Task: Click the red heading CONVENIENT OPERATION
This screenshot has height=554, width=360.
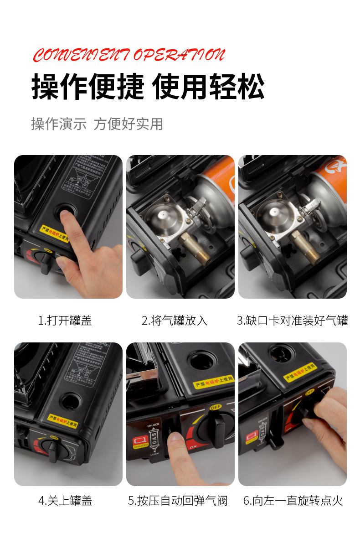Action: point(129,55)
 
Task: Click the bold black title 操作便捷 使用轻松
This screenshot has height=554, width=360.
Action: point(148,86)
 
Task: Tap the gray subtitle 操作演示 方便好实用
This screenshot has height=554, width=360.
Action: point(97,124)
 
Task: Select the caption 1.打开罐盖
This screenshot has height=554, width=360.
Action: point(65,321)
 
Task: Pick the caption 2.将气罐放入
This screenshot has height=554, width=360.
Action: point(175,321)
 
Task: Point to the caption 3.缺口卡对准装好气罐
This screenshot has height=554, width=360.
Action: point(292,321)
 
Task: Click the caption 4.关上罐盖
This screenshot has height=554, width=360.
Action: point(65,501)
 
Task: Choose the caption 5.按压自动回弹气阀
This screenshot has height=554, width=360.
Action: point(178,501)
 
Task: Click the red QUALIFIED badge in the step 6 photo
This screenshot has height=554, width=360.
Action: point(252,439)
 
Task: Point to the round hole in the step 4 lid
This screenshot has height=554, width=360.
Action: point(70,401)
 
